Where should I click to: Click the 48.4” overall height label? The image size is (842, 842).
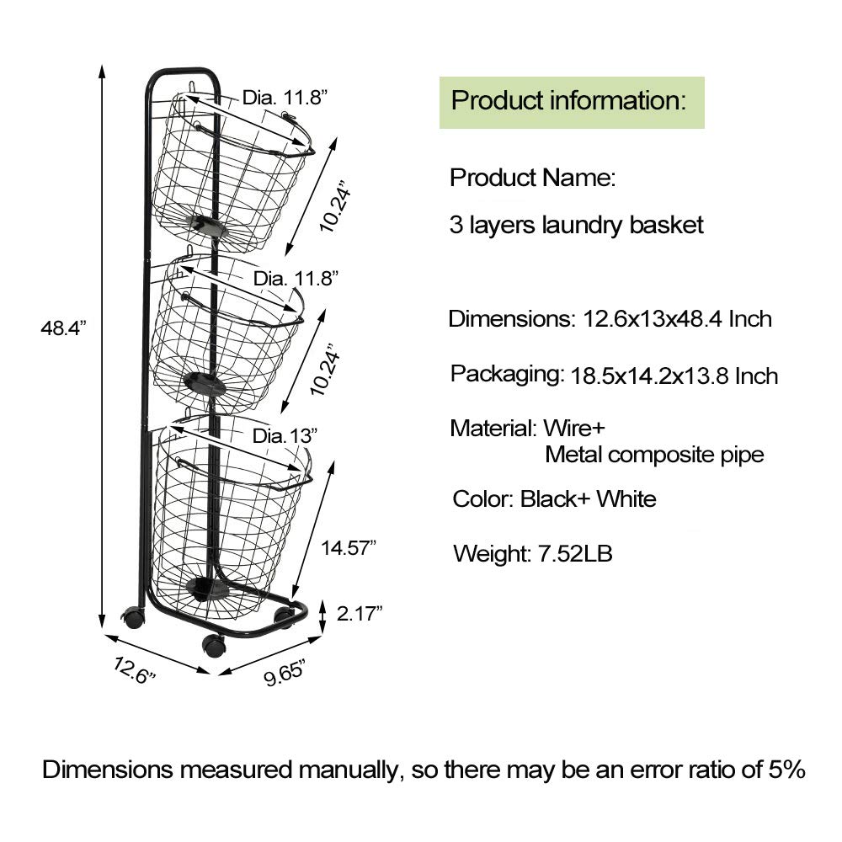63,327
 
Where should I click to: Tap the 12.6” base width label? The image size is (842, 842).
134,670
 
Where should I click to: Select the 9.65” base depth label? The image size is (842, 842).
285,673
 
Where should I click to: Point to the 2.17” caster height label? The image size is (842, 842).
360,613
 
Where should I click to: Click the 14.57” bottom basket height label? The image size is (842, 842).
349,548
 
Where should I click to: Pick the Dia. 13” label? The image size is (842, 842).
285,435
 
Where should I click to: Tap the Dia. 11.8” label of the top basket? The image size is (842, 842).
285,98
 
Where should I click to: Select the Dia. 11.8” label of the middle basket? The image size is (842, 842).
296,278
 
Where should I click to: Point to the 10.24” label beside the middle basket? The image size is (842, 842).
325,370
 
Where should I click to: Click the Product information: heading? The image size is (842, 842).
568,100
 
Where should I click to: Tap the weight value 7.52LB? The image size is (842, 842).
575,553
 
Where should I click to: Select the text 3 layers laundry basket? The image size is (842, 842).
576,225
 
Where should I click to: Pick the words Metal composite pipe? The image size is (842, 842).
654,455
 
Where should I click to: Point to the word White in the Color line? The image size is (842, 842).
626,498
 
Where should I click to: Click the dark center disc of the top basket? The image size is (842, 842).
207,224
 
